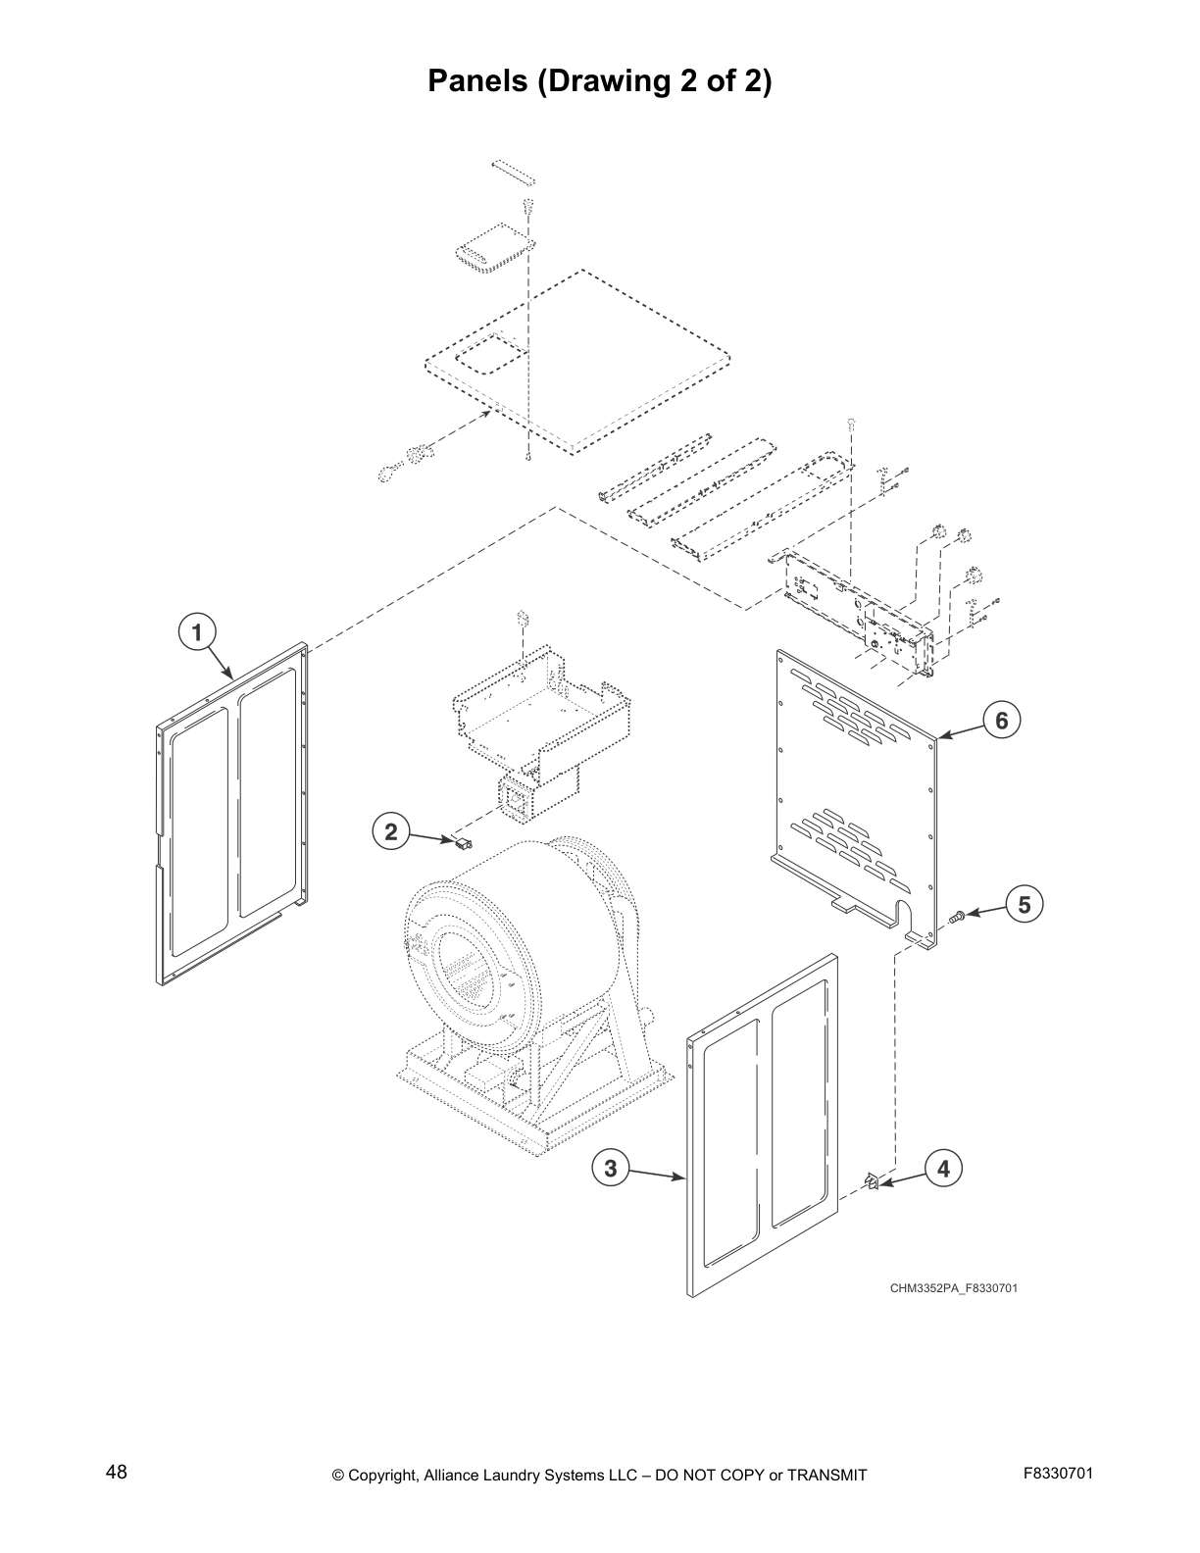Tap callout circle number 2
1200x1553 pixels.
tap(391, 832)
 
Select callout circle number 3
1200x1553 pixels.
tap(610, 1168)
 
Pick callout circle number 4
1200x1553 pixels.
tap(943, 1168)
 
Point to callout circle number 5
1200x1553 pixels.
tap(1024, 904)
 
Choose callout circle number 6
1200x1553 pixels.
tap(1001, 721)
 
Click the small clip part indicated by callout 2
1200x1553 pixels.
tap(459, 842)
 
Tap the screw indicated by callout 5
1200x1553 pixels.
tap(957, 916)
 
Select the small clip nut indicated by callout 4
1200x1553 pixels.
tap(871, 1182)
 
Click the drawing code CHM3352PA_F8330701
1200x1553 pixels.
tap(953, 1287)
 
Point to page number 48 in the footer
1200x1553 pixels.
tap(117, 1472)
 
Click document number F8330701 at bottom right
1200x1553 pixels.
tap(1058, 1473)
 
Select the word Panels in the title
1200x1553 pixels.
tap(478, 81)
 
